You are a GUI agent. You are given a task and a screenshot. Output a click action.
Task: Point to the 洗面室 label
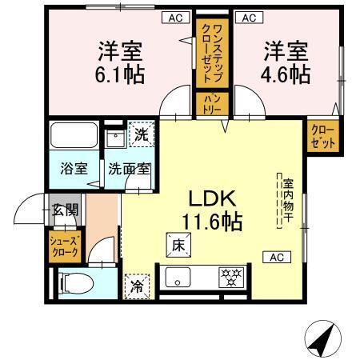point(129,169)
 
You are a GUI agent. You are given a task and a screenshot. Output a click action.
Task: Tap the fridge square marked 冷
point(137,286)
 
